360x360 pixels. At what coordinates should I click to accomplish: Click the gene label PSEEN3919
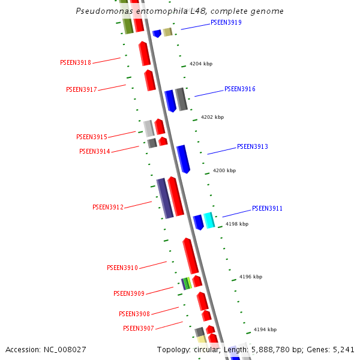(226, 23)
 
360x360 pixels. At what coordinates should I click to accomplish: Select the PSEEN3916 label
(240, 89)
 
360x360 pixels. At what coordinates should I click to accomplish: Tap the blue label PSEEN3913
(253, 146)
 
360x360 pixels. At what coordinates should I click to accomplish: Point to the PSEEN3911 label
(267, 209)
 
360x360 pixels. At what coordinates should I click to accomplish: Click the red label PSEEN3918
(76, 62)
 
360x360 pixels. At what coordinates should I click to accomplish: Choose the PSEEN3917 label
(81, 89)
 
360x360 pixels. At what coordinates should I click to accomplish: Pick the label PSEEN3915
(91, 137)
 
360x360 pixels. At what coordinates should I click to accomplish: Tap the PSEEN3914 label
(94, 151)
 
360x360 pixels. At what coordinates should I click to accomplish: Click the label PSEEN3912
(107, 207)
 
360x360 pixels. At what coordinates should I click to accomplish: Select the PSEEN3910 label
(122, 268)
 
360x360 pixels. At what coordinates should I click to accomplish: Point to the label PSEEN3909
(129, 293)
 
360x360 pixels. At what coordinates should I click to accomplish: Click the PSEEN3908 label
(134, 314)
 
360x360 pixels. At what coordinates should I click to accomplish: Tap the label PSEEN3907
(139, 328)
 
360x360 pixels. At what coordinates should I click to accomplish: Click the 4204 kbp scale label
(201, 64)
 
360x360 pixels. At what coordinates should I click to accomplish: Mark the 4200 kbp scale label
(224, 170)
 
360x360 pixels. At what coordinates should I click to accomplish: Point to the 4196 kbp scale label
(251, 277)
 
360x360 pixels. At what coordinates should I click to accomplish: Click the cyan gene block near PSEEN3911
(209, 220)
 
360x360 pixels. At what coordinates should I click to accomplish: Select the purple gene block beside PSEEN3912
(164, 198)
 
